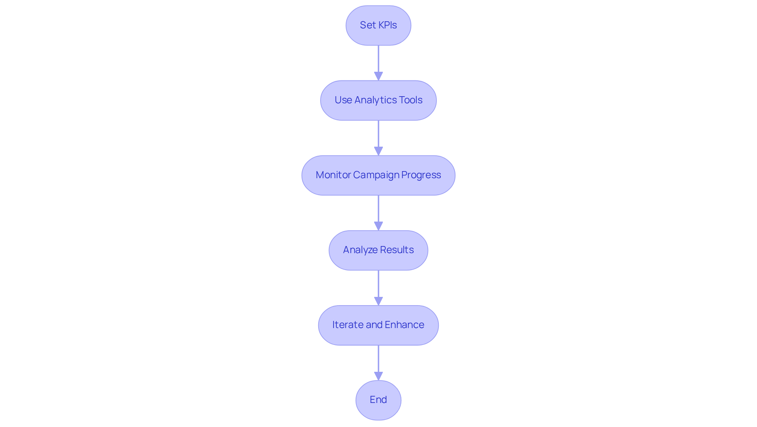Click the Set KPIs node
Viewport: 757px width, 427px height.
coord(378,25)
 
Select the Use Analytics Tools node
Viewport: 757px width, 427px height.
coord(378,100)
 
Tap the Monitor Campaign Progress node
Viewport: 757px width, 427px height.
coord(378,175)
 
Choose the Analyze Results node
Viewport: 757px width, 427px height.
coord(378,250)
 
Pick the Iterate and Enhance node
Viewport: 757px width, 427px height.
coord(378,325)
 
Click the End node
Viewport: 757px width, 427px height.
coord(378,400)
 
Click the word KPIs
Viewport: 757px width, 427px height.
coord(387,25)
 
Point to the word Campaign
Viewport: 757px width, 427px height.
coord(376,175)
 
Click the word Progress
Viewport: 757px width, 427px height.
coord(421,175)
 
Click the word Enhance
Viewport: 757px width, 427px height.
coord(404,325)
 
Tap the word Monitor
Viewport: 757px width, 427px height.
coord(333,175)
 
